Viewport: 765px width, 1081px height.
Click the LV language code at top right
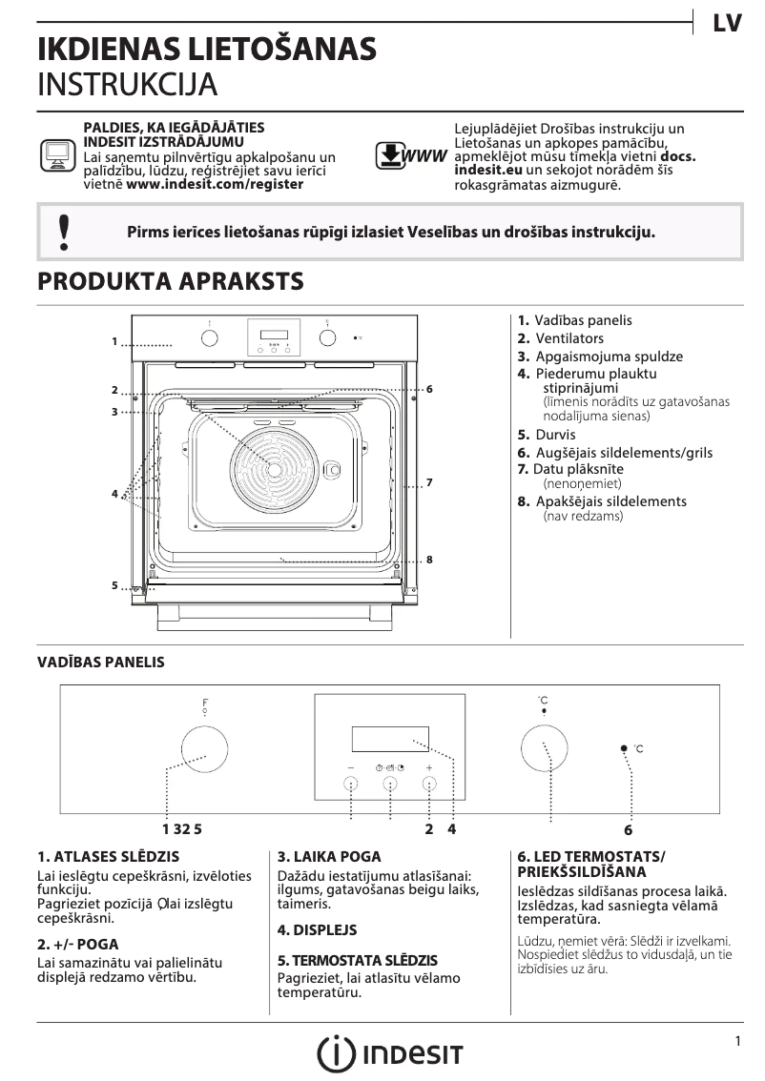tap(727, 24)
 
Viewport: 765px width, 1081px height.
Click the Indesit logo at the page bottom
tap(390, 1054)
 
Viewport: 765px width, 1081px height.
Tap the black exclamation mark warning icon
tap(64, 232)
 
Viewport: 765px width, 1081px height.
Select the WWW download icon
tap(410, 155)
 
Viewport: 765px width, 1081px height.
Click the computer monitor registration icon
tap(57, 154)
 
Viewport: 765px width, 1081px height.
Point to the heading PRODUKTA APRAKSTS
tap(170, 281)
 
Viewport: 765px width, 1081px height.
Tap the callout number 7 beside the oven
tap(430, 483)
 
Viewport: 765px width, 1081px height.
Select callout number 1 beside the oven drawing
tap(114, 340)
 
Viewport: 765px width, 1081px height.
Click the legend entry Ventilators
tap(569, 338)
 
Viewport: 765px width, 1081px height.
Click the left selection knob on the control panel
tap(203, 747)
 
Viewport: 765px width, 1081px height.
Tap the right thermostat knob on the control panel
tap(543, 747)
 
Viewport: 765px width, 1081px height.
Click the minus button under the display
tap(351, 784)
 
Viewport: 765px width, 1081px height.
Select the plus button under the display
tap(429, 784)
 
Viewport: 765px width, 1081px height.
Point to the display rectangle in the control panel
tap(389, 740)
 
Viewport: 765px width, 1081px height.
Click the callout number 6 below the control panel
tap(628, 830)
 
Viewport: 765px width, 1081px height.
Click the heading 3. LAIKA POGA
tap(329, 857)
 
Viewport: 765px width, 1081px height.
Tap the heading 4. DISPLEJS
tap(317, 929)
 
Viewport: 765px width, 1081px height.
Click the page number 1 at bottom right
tap(737, 1042)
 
